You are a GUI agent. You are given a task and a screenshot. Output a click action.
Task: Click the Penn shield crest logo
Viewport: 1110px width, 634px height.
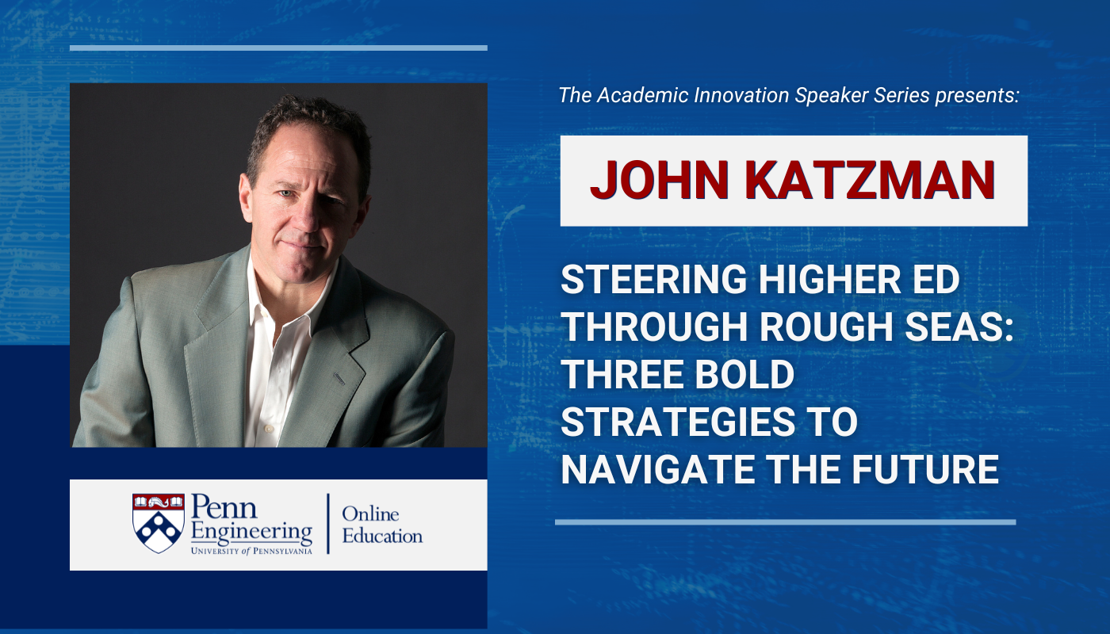pyautogui.click(x=159, y=523)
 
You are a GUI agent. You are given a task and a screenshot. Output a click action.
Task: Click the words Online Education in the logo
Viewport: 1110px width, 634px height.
pyautogui.click(x=381, y=525)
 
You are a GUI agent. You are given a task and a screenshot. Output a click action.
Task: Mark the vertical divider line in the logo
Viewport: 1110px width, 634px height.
pyautogui.click(x=328, y=523)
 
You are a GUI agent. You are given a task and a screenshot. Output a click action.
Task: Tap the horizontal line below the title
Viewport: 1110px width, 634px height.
pyautogui.click(x=785, y=522)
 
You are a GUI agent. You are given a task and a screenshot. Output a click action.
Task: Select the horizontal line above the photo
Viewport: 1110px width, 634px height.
pyautogui.click(x=278, y=48)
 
